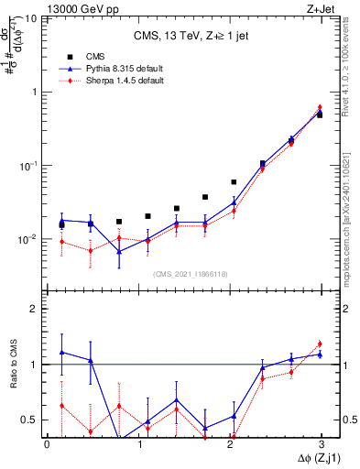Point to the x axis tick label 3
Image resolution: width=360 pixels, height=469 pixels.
(322, 444)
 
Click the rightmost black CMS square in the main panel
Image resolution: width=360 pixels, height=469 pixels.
(320, 115)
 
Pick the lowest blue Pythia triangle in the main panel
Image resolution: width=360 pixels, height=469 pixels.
(119, 251)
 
